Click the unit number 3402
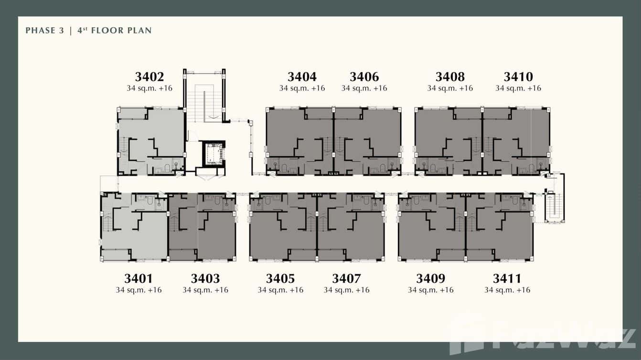click(150, 77)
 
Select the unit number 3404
click(302, 77)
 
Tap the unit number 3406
click(364, 77)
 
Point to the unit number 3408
click(450, 77)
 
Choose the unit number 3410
click(518, 77)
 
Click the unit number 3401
click(139, 278)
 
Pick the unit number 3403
click(205, 278)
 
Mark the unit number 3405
click(280, 278)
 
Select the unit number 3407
click(347, 278)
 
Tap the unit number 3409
click(431, 278)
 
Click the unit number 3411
click(507, 278)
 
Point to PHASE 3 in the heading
click(45, 30)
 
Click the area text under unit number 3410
click(518, 88)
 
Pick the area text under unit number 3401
click(139, 290)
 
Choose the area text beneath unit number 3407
click(347, 290)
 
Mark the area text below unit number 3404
click(302, 88)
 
